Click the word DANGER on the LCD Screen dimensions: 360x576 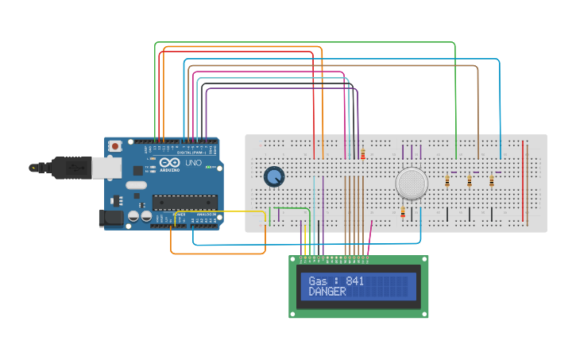point(327,292)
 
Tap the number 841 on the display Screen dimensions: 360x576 point(355,281)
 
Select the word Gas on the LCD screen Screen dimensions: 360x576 point(318,281)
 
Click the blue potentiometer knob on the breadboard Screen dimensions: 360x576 point(273,177)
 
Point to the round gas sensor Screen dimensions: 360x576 point(412,184)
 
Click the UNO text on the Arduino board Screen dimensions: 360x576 point(193,162)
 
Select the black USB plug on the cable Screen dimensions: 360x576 point(72,168)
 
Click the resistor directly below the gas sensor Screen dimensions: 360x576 point(403,212)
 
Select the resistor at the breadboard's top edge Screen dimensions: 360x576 point(363,153)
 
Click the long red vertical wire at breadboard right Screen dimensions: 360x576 point(524,182)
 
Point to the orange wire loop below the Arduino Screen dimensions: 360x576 point(218,254)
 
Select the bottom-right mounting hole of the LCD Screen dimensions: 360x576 point(424,314)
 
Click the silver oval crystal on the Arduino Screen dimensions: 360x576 point(136,185)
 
